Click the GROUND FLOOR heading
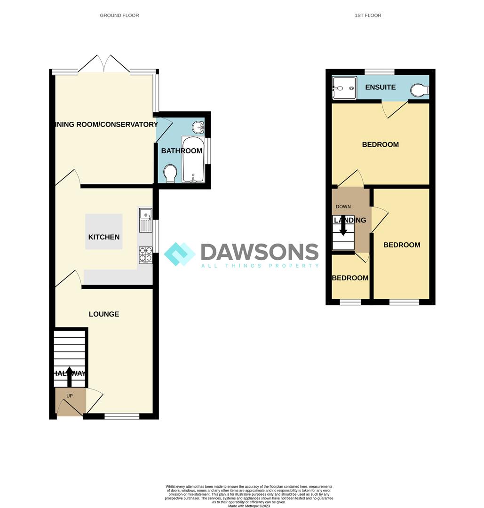[119, 16]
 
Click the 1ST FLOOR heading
[368, 16]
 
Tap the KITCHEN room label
[104, 237]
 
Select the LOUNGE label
[104, 314]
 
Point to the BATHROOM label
[182, 151]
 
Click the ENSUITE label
[380, 87]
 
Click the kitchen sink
[146, 220]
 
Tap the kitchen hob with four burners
[146, 254]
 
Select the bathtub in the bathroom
[193, 160]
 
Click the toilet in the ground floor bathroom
[170, 174]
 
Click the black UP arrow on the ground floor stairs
[69, 377]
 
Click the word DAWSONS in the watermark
[260, 252]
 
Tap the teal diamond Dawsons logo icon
[179, 254]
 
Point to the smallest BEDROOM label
[350, 278]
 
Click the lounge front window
[122, 416]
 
